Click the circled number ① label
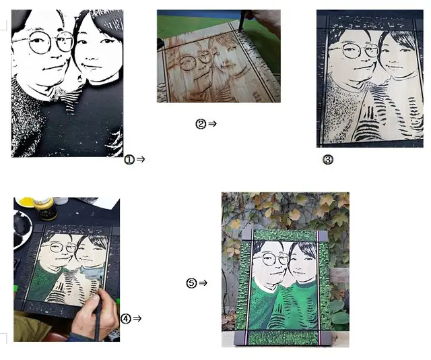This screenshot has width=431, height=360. coord(129,159)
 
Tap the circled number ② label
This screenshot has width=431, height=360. coord(201,124)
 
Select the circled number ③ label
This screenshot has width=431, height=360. coord(328,159)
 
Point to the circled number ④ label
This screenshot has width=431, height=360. coord(126,319)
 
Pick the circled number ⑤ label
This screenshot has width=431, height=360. coord(191,283)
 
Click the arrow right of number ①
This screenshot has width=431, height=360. coord(141,159)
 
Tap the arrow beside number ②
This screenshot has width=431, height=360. coord(213,124)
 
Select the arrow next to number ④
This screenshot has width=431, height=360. coord(137,318)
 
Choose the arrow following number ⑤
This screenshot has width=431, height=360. coord(203,282)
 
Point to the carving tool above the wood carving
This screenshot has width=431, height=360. coord(242,21)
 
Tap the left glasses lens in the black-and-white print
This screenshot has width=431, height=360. coord(40,42)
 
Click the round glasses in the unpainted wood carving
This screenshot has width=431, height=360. coord(195,61)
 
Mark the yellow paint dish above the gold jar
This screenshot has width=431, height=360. coord(26,202)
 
